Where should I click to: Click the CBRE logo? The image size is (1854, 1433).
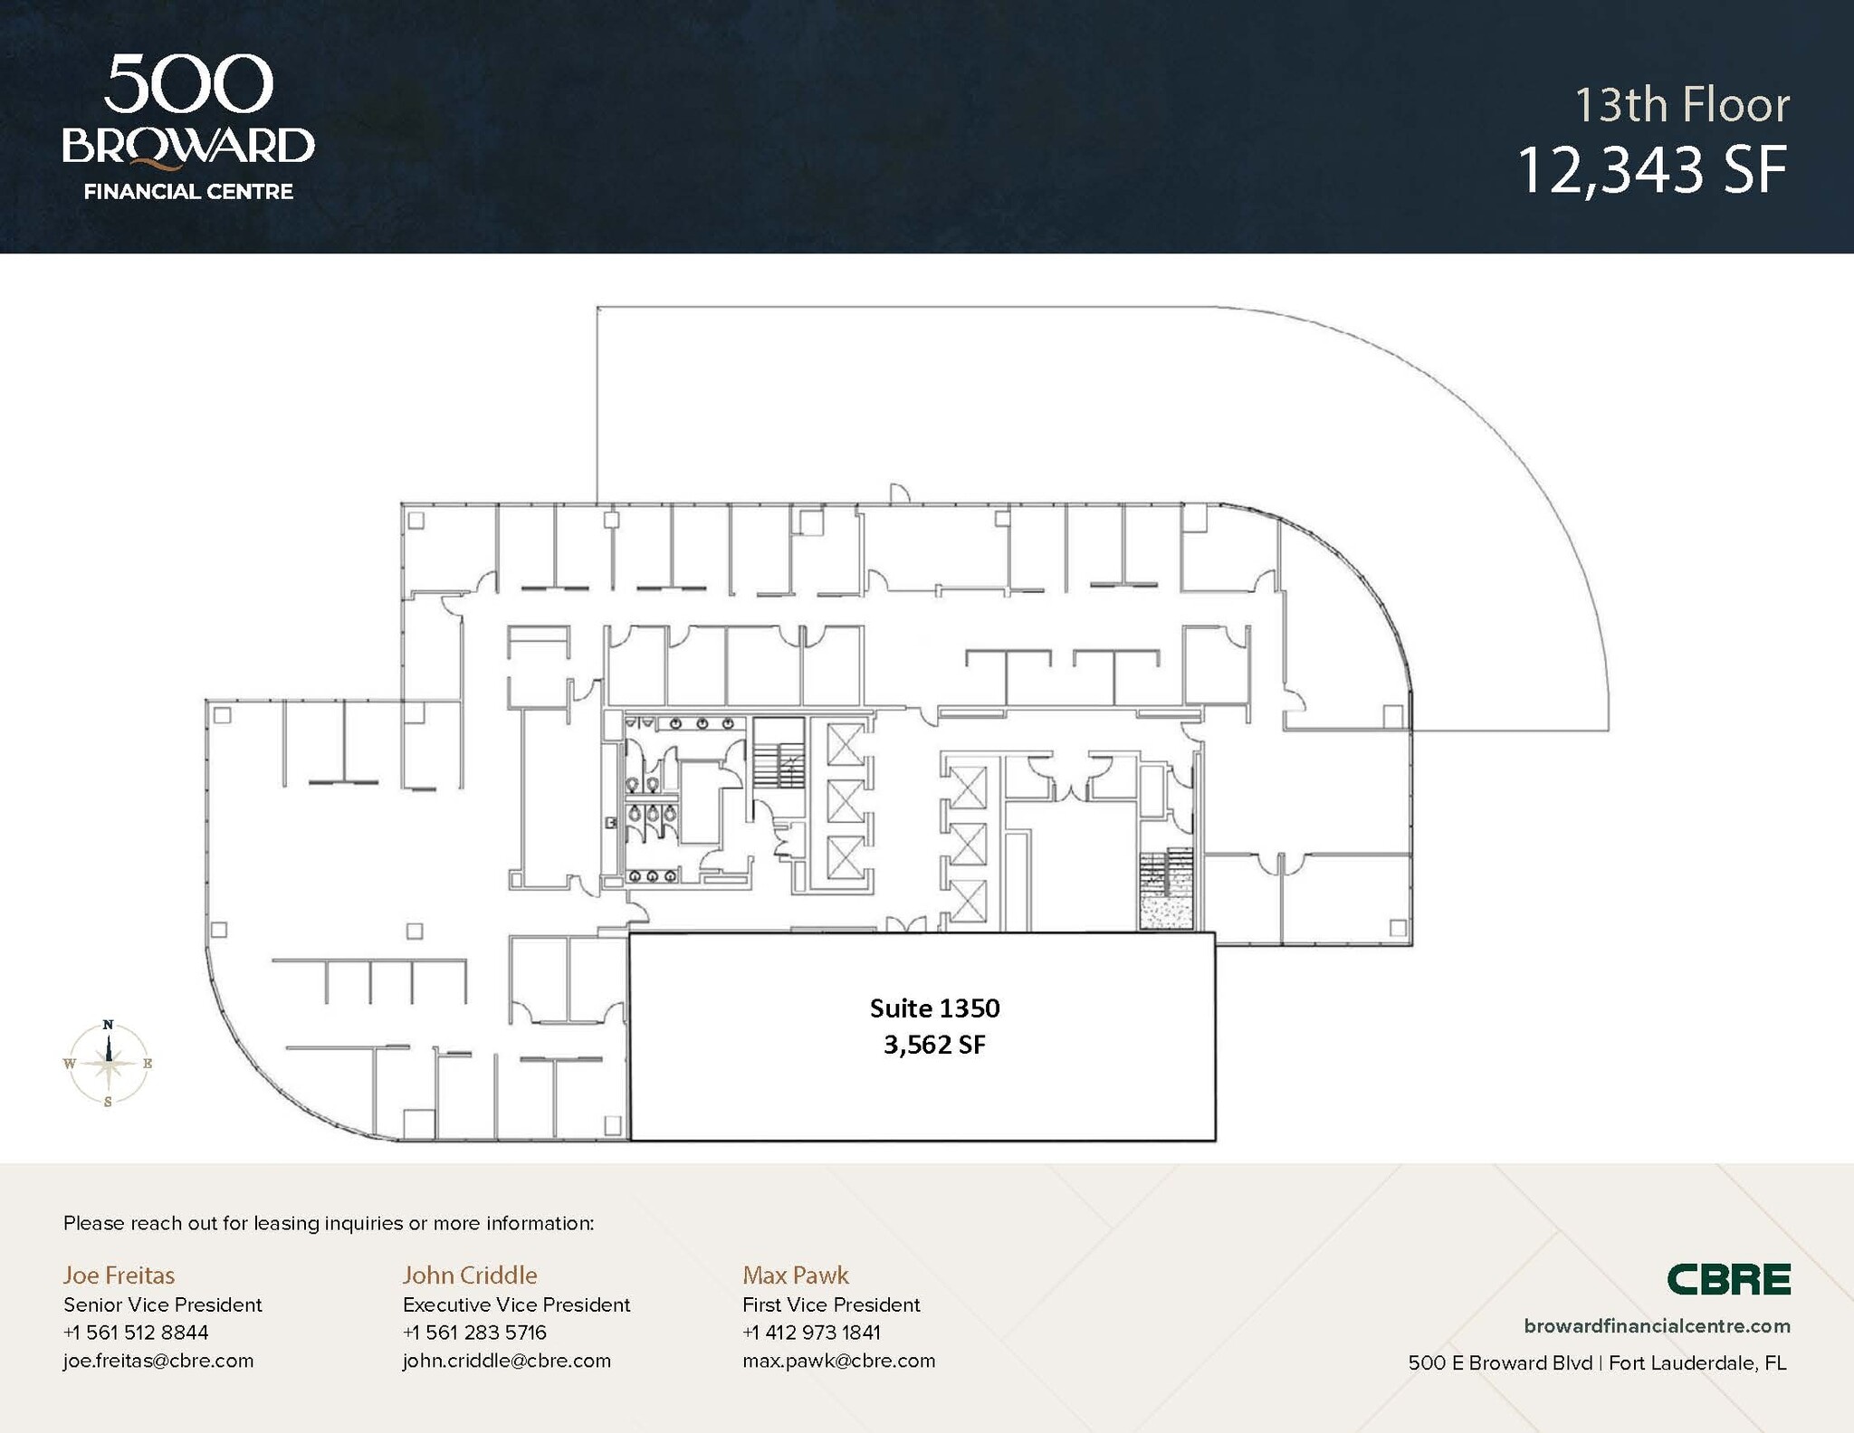[x=1728, y=1279]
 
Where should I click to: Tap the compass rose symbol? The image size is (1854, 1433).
[x=109, y=1063]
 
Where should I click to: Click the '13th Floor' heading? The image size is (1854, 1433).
[x=1681, y=105]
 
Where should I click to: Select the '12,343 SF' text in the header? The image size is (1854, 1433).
[x=1652, y=170]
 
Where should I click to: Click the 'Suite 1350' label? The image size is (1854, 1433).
[x=934, y=1008]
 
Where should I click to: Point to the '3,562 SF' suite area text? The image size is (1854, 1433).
[x=934, y=1045]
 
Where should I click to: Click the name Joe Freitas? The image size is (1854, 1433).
[x=119, y=1275]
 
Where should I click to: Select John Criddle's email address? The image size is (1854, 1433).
[x=506, y=1361]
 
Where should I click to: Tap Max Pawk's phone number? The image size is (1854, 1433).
[x=811, y=1333]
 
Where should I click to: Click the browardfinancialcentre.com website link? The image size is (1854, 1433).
[x=1657, y=1326]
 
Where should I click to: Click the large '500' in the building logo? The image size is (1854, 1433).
[x=188, y=84]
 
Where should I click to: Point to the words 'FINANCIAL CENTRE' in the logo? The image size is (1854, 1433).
[x=188, y=192]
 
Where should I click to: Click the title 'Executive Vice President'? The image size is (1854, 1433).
[x=516, y=1304]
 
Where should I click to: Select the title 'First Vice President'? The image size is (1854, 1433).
[x=831, y=1304]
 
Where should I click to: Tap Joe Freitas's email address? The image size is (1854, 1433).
[x=158, y=1361]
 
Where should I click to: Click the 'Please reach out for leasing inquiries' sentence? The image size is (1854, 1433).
[x=329, y=1223]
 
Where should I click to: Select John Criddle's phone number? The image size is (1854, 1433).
[x=474, y=1333]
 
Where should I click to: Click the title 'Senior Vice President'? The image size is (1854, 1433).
[x=162, y=1304]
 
